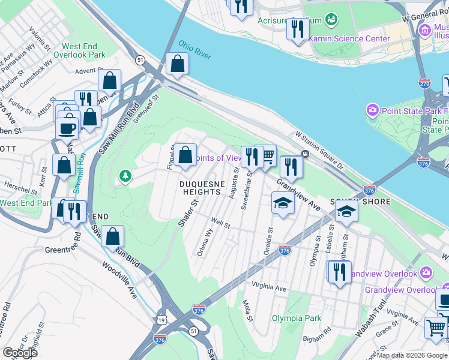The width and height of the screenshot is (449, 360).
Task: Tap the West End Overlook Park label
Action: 83,50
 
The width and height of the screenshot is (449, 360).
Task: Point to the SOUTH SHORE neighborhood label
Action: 360,202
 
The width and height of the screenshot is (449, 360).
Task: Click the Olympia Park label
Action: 294,318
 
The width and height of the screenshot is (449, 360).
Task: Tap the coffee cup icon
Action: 67,127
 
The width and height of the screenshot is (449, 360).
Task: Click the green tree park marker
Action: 125,176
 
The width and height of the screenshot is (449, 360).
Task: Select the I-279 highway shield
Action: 424,83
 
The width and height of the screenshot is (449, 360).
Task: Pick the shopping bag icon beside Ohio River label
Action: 178,64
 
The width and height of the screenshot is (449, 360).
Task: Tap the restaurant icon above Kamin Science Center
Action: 297,29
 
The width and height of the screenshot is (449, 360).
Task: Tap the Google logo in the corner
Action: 20,353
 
